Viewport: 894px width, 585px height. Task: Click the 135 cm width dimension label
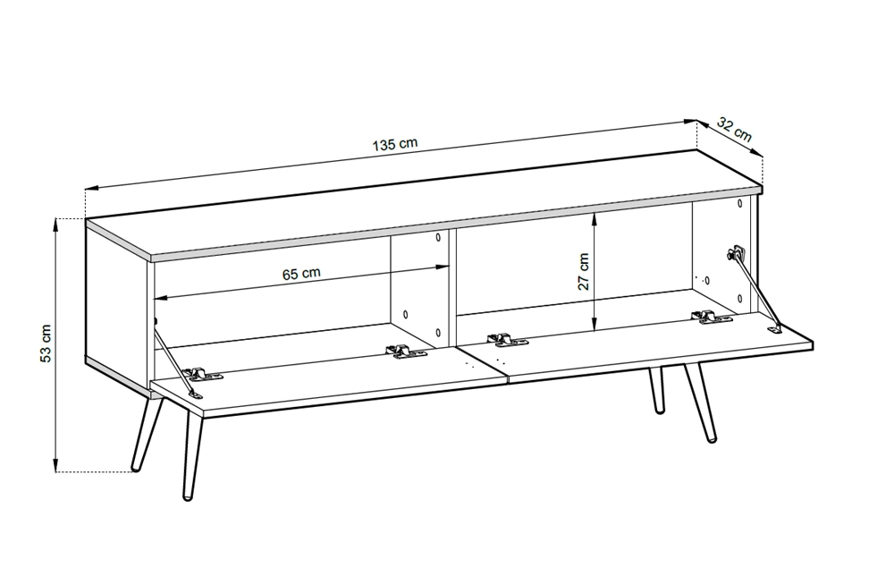point(395,143)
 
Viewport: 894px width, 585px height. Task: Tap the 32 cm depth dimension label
point(734,130)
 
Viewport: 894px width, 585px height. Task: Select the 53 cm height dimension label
point(46,343)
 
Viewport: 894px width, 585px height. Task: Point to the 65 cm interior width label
point(301,274)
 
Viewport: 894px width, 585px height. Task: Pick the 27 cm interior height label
point(584,272)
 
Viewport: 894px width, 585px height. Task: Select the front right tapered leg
point(701,403)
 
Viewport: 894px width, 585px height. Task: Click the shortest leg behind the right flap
point(656,390)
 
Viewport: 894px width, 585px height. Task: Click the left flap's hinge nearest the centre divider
point(406,352)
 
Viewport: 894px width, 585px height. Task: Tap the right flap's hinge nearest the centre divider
point(507,341)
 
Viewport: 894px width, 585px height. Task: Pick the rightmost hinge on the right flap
point(711,318)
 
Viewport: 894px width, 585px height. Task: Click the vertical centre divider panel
point(452,289)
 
